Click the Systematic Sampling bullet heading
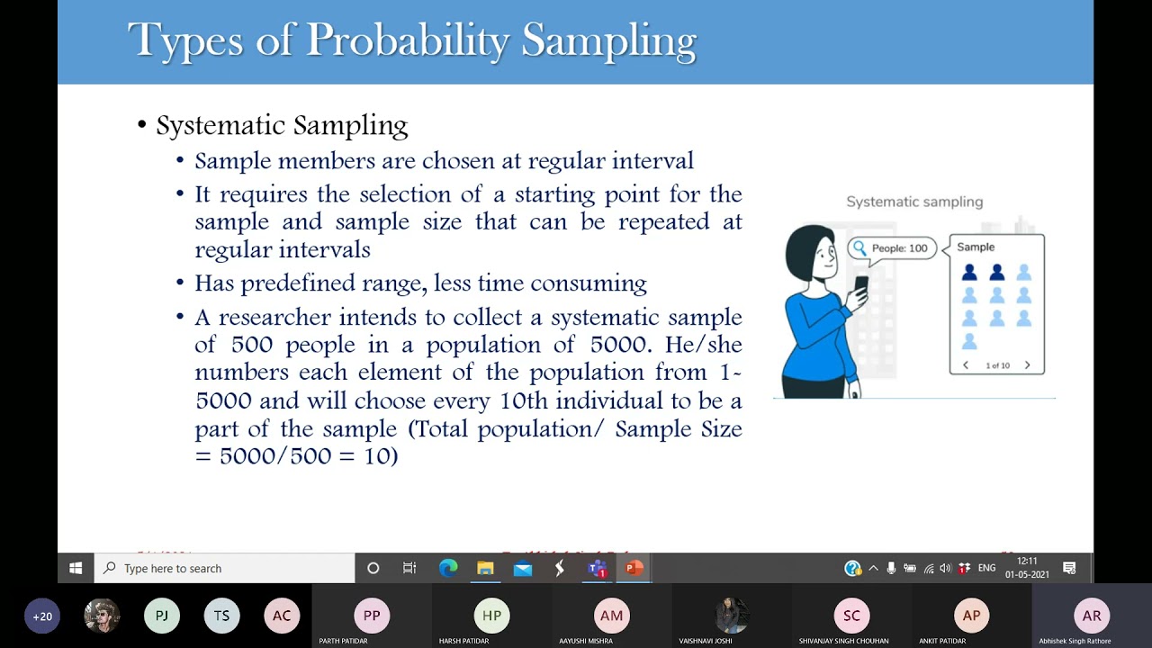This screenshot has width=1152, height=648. [x=282, y=125]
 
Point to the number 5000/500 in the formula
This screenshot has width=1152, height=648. [x=270, y=455]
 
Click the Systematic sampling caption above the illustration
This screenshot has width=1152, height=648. [x=913, y=202]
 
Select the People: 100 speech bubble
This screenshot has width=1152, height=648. [x=891, y=248]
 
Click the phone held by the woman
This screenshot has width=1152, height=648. [x=860, y=286]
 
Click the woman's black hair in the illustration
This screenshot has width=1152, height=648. [x=803, y=247]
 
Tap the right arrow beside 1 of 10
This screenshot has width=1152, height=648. [x=1027, y=365]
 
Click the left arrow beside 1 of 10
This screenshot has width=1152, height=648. [x=966, y=365]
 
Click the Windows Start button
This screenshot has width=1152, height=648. [x=76, y=568]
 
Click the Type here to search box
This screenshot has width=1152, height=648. [x=225, y=568]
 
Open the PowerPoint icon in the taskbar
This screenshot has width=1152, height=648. [x=634, y=568]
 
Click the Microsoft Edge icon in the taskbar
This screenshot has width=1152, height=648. [x=448, y=568]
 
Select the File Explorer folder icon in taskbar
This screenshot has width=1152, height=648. [x=485, y=568]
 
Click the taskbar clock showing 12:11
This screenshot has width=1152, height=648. [x=1027, y=568]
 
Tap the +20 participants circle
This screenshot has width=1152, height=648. [x=42, y=616]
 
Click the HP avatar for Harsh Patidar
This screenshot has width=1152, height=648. [x=491, y=616]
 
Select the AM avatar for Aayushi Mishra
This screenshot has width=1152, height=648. [x=611, y=616]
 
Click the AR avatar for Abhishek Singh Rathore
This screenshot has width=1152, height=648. [x=1091, y=616]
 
